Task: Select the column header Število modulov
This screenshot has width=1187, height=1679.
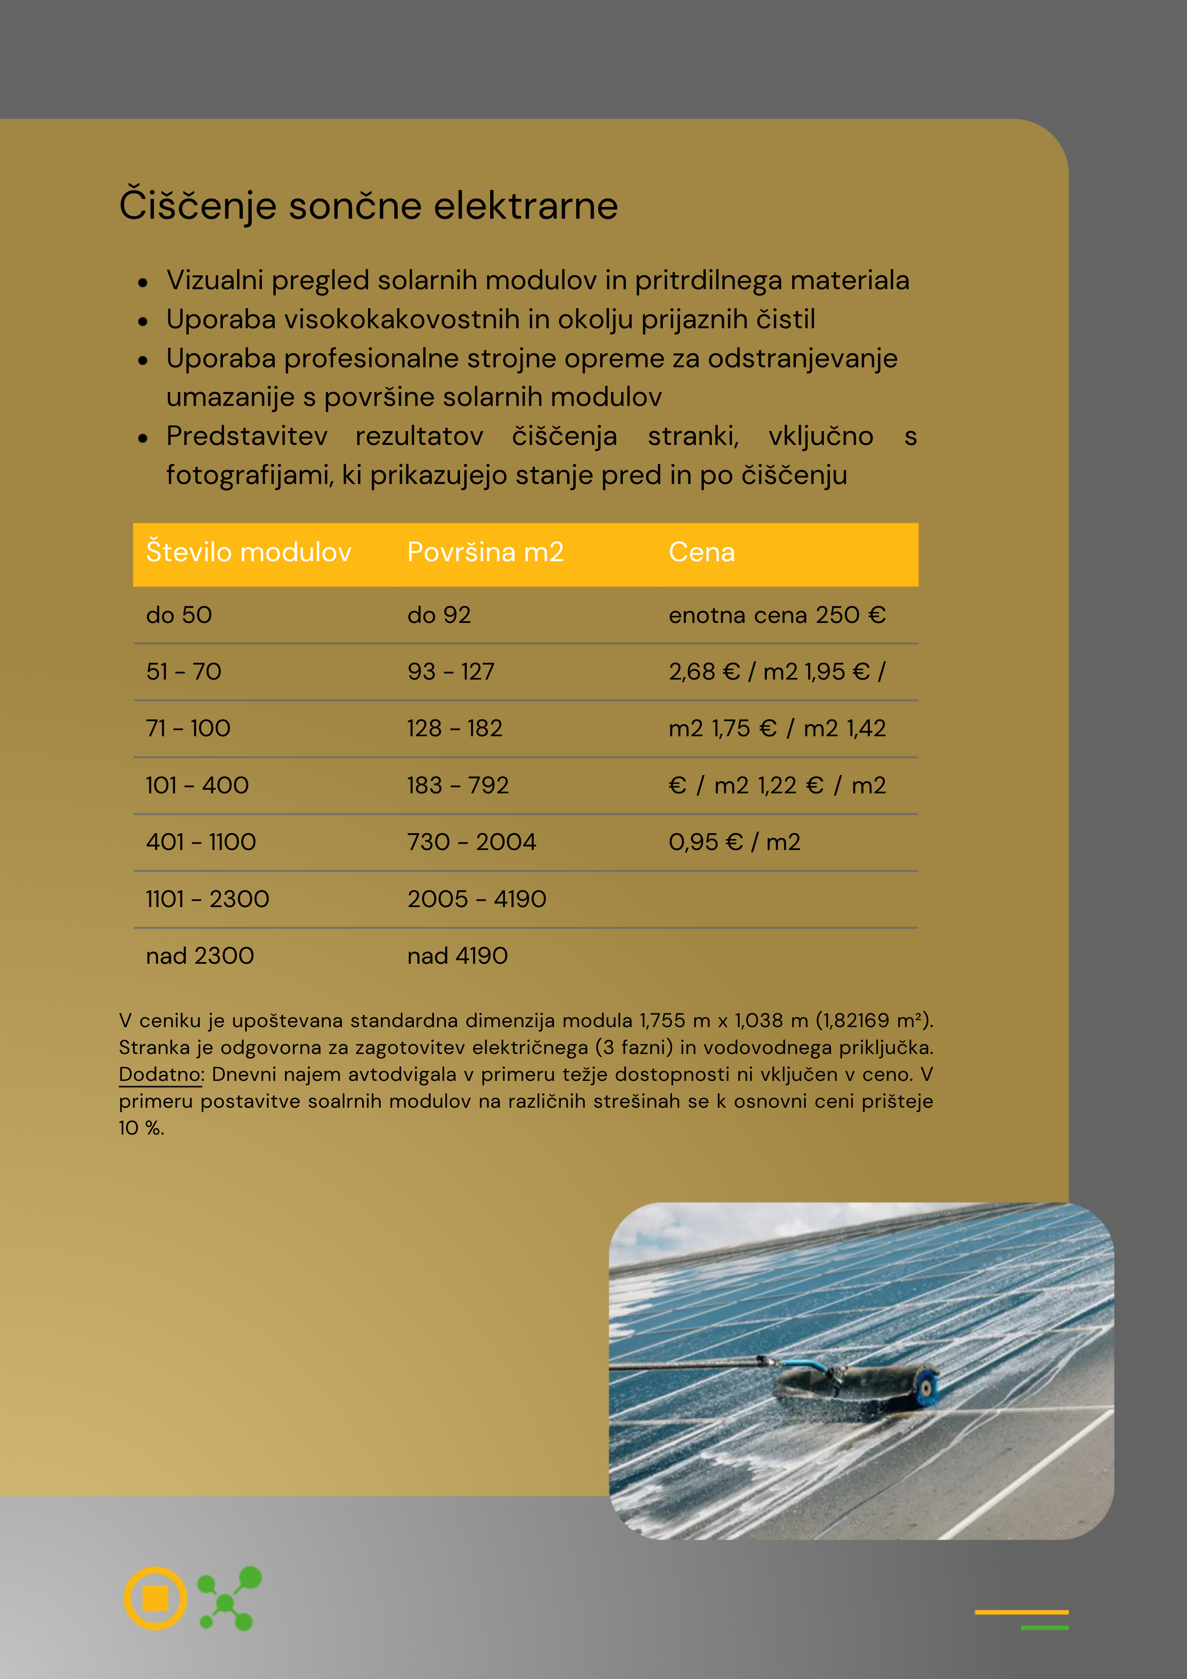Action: [x=248, y=552]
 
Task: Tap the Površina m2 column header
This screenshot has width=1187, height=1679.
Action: [x=485, y=552]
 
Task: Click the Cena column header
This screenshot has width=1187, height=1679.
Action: [x=701, y=552]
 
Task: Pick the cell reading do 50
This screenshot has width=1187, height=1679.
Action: [x=179, y=615]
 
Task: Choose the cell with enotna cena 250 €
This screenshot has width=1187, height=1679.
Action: [x=777, y=615]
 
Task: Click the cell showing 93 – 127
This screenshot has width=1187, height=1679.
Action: [x=450, y=671]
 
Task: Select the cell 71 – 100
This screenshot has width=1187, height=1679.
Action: [x=188, y=728]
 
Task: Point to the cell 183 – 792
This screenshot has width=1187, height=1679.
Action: [x=458, y=785]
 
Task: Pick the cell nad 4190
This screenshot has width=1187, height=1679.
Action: [x=457, y=956]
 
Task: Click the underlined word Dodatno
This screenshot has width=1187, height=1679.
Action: [x=161, y=1074]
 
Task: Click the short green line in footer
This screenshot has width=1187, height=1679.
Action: [x=1044, y=1628]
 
